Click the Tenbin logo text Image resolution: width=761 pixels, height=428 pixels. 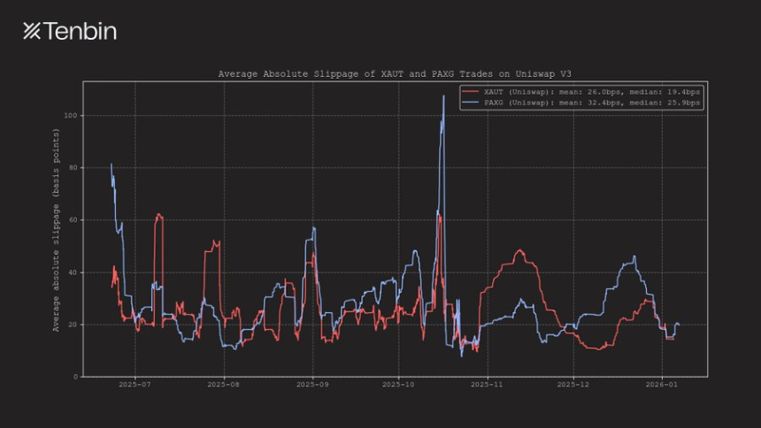70,32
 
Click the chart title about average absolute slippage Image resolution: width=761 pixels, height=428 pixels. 395,74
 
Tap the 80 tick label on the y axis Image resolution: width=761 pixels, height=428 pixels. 74,168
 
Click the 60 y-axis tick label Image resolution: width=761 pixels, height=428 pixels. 74,220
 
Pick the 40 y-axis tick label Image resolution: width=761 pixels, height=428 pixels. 74,272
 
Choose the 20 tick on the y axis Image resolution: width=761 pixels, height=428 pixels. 74,325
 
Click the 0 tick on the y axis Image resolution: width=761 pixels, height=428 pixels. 77,377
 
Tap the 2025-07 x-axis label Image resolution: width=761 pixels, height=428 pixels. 135,386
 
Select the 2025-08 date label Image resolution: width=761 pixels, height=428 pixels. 224,386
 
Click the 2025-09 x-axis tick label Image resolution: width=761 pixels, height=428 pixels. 312,386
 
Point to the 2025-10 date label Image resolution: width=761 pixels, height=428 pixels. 398,386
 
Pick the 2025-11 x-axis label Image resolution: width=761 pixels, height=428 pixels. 487,386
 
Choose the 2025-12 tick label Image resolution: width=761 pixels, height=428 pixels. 573,386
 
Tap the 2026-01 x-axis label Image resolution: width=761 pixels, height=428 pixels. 661,386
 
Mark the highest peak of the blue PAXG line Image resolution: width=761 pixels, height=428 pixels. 443,96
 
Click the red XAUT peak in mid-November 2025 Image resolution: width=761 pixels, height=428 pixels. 519,250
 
